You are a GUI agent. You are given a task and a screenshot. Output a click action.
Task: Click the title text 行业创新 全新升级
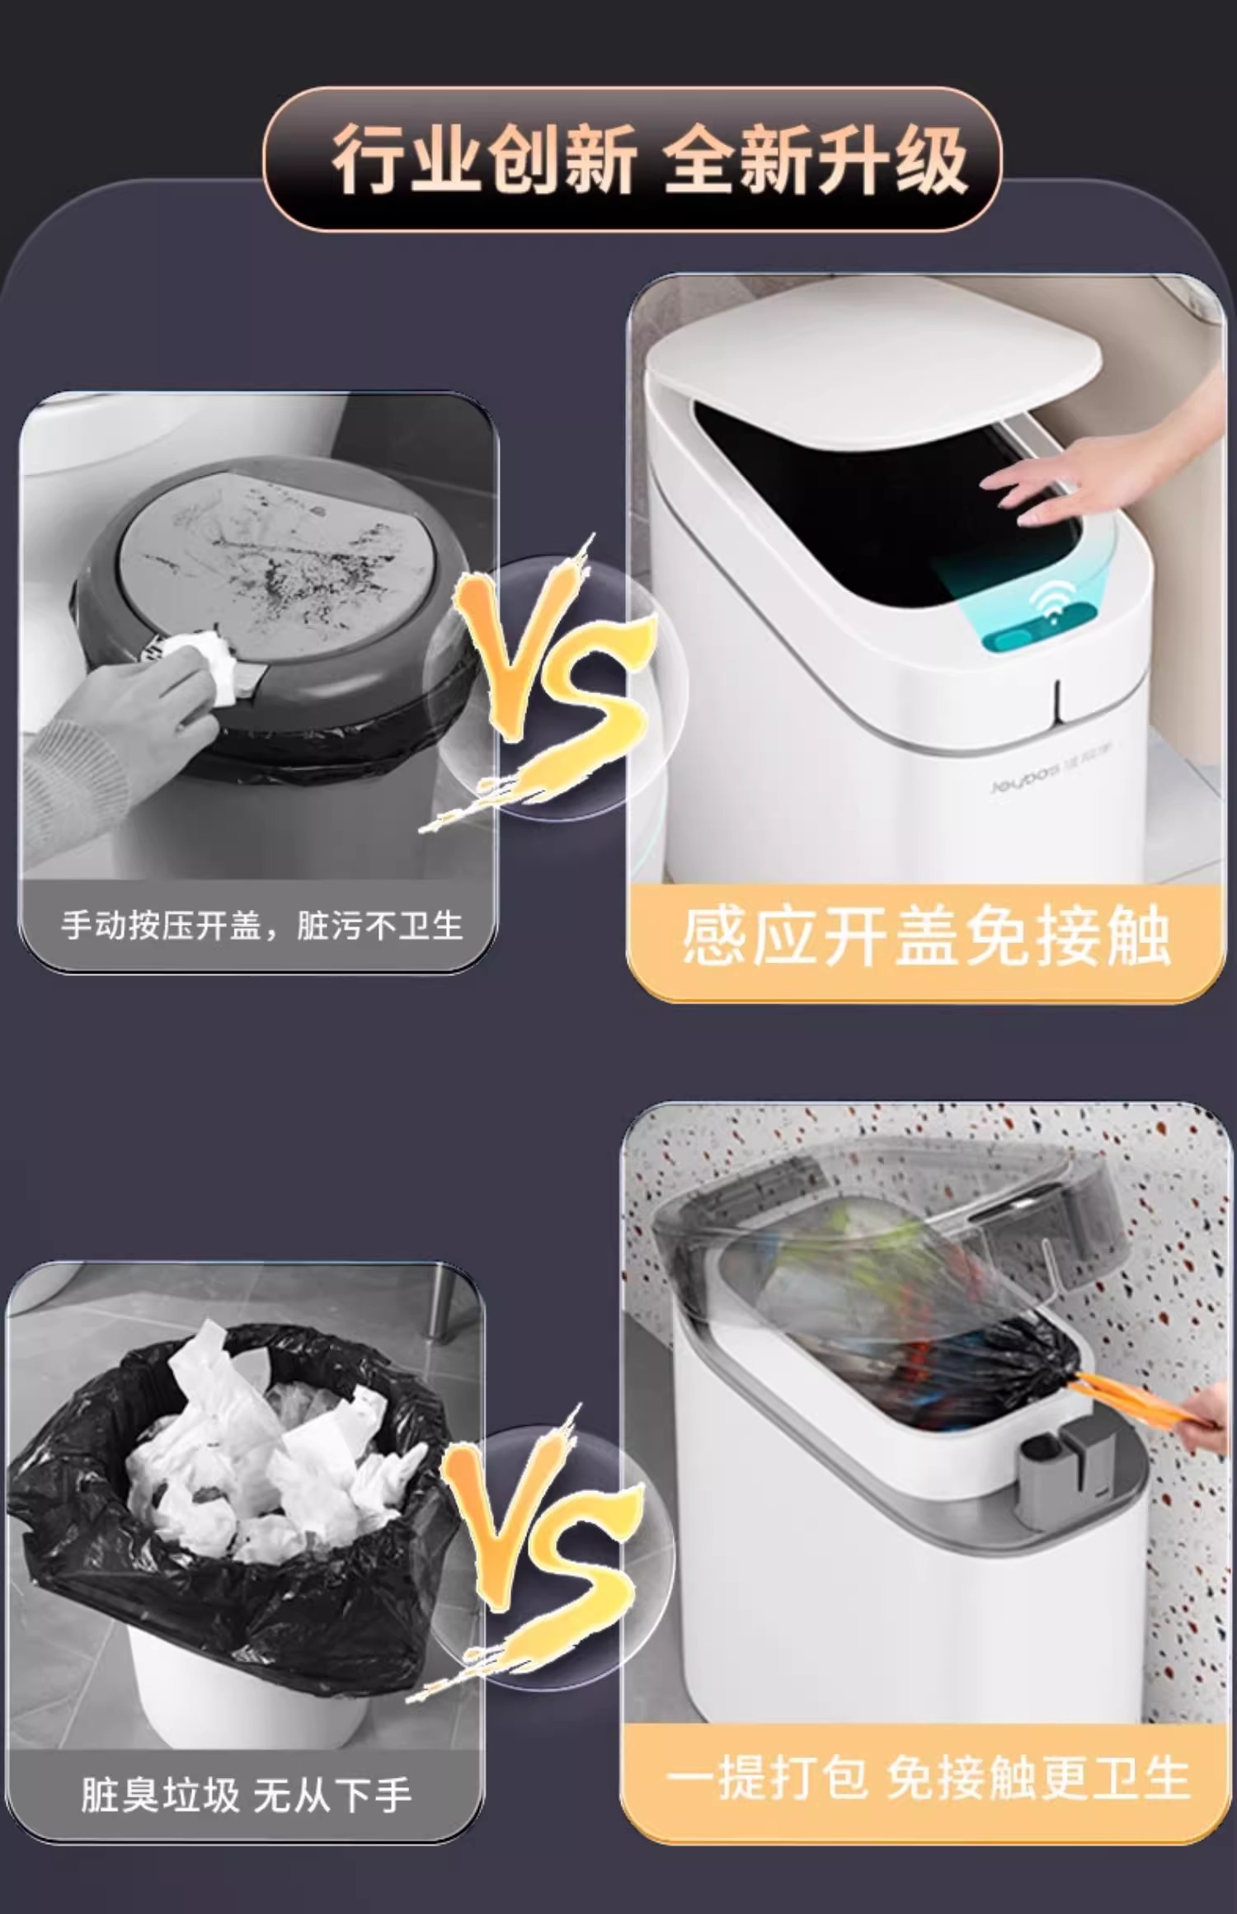[x=649, y=160]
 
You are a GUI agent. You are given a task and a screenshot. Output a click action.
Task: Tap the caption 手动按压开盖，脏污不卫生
[x=261, y=926]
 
